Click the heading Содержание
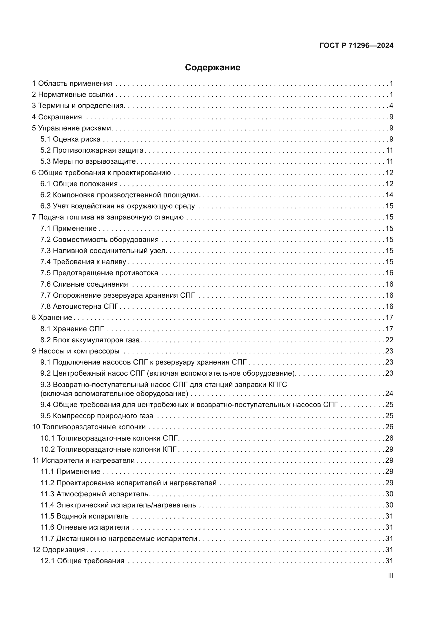[212, 68]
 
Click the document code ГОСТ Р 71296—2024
[356, 46]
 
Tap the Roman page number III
[391, 576]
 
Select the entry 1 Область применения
[72, 84]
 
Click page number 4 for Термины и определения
[391, 106]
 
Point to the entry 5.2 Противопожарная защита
[92, 150]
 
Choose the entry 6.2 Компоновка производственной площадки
[119, 195]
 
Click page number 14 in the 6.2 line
[389, 195]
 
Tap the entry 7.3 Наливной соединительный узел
[103, 251]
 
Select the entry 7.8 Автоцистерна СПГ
[79, 307]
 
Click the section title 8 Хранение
[52, 318]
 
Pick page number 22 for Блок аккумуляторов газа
[389, 340]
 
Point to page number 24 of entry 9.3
[389, 394]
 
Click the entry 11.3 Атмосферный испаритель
[95, 494]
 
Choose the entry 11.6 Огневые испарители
[85, 527]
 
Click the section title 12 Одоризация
[58, 550]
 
